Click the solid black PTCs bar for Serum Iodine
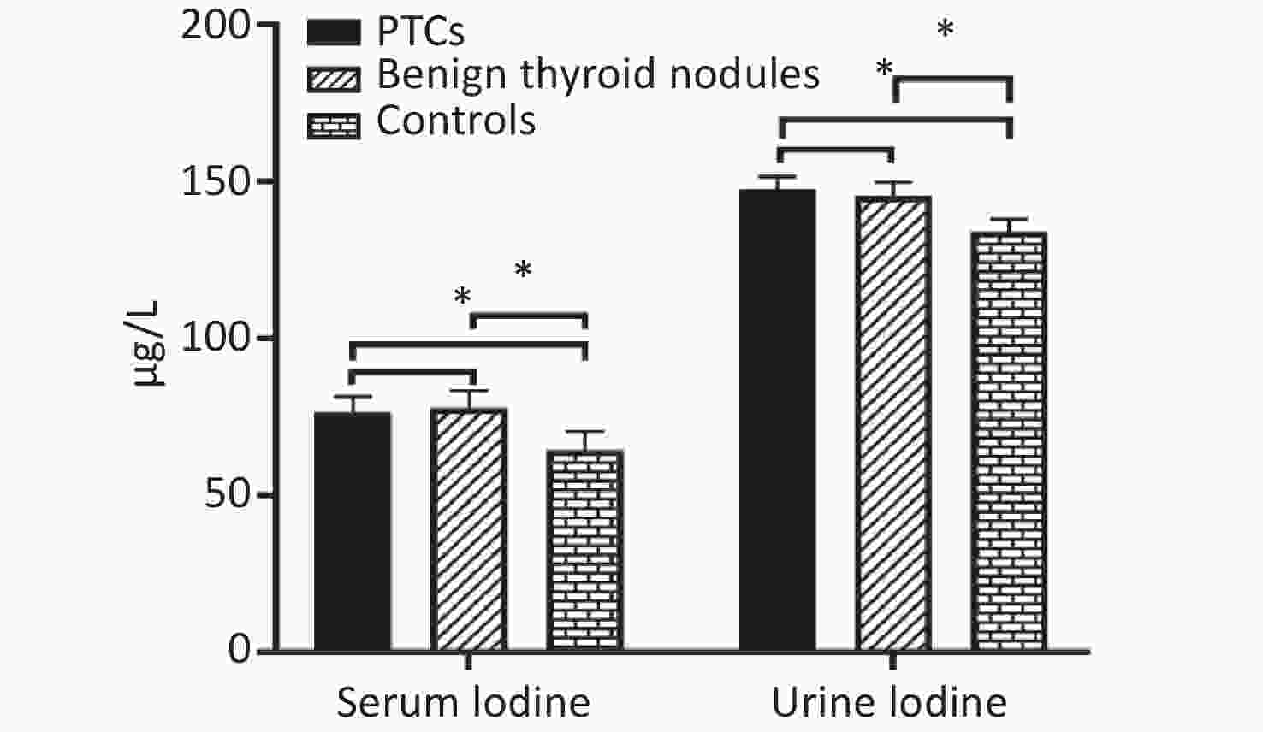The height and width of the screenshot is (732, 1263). tap(353, 531)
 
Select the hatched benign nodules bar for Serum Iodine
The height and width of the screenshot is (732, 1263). tap(469, 529)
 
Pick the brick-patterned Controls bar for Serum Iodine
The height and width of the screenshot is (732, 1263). tap(585, 550)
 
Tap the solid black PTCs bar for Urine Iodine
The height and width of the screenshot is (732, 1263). tap(778, 420)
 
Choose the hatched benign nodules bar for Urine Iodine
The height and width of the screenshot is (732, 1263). tap(893, 423)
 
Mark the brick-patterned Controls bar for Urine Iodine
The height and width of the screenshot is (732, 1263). tap(1009, 441)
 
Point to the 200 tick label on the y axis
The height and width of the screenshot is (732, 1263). tap(216, 26)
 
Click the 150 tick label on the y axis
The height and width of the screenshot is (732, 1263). tap(216, 182)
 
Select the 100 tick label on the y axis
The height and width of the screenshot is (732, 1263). tap(216, 339)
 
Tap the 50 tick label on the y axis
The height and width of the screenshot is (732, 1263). tap(228, 495)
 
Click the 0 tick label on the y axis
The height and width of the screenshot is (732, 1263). tap(240, 651)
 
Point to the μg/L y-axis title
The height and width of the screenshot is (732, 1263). tap(145, 345)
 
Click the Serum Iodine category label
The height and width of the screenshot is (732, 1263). tap(464, 702)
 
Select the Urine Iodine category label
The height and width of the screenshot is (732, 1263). tap(889, 702)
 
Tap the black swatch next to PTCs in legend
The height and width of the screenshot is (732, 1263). tap(334, 32)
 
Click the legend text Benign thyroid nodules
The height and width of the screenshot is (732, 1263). tap(598, 75)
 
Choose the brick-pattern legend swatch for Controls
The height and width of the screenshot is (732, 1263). tap(334, 126)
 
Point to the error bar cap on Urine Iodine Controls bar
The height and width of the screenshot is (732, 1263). tap(1009, 219)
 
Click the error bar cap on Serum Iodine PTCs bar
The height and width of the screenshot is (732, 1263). tap(353, 398)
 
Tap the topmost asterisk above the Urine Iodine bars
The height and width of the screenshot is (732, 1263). tap(946, 29)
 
